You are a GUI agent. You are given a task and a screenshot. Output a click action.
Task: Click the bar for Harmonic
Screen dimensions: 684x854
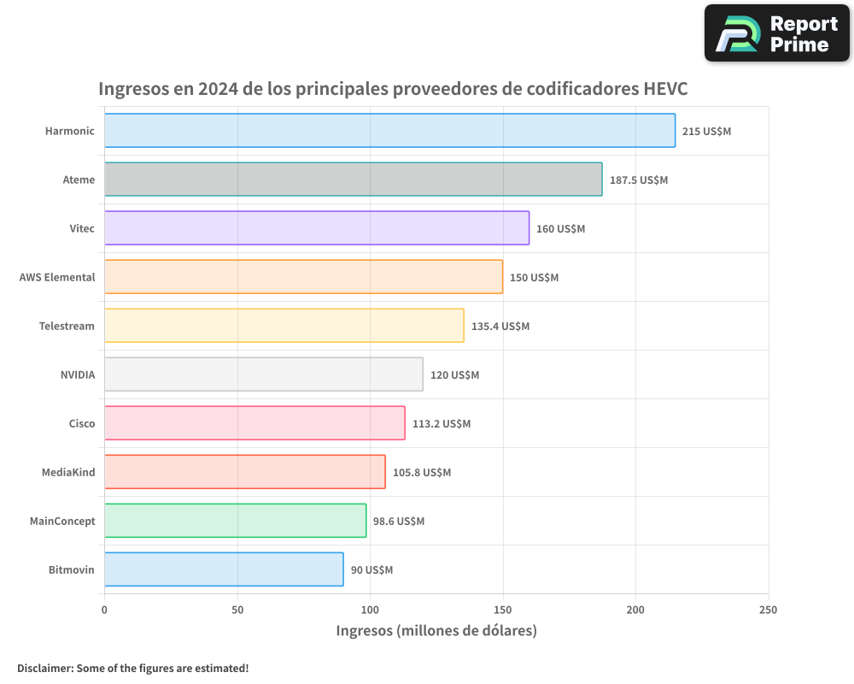pyautogui.click(x=389, y=131)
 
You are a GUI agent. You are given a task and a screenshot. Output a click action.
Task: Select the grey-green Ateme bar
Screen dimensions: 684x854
pyautogui.click(x=353, y=180)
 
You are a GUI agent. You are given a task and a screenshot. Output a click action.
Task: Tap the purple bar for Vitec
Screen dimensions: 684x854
pyautogui.click(x=317, y=228)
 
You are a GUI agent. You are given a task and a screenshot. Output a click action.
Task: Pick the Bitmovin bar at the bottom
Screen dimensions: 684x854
pyautogui.click(x=224, y=569)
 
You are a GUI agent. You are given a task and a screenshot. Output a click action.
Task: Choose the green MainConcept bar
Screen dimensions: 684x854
pyautogui.click(x=235, y=521)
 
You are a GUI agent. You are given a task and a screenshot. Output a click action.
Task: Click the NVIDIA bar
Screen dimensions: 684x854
pyautogui.click(x=263, y=374)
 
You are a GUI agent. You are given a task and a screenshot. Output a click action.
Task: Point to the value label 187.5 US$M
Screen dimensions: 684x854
pyautogui.click(x=638, y=180)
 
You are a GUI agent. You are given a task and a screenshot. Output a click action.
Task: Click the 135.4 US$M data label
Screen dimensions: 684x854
pyautogui.click(x=500, y=327)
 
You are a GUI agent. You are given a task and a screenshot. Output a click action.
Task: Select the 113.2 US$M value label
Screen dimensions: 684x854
pyautogui.click(x=442, y=424)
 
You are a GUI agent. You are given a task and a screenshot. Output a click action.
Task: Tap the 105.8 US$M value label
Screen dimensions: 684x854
pyautogui.click(x=422, y=473)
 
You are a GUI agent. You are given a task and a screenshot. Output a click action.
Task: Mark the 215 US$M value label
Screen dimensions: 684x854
pyautogui.click(x=706, y=132)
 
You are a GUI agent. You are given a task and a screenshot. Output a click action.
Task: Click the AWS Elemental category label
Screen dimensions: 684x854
pyautogui.click(x=57, y=277)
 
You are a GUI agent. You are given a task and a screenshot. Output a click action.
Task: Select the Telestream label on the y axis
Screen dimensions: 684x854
pyautogui.click(x=67, y=326)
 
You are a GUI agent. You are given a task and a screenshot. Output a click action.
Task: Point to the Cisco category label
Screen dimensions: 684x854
pyautogui.click(x=82, y=423)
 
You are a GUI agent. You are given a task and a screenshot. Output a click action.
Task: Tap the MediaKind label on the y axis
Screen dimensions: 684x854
pyautogui.click(x=68, y=472)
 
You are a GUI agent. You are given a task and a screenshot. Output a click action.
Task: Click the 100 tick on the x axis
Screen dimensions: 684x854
pyautogui.click(x=370, y=610)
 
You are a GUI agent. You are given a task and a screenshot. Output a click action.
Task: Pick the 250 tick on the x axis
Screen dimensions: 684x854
pyautogui.click(x=768, y=610)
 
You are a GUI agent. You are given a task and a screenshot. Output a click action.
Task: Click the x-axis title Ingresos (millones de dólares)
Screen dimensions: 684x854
pyautogui.click(x=436, y=631)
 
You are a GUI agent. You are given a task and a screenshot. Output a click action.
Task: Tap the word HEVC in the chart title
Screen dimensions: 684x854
pyautogui.click(x=665, y=89)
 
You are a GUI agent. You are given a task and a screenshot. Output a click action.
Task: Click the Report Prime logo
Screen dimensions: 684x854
pyautogui.click(x=776, y=33)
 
